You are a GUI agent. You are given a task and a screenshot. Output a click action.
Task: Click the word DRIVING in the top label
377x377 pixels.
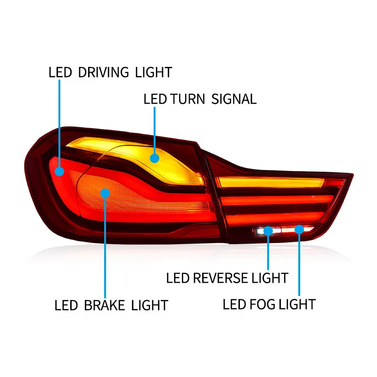[103, 73]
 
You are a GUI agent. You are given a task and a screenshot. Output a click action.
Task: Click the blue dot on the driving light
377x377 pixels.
[60, 171]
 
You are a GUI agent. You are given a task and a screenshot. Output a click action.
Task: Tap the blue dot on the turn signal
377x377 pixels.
[154, 158]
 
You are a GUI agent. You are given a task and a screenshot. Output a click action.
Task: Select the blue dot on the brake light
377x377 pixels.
[105, 193]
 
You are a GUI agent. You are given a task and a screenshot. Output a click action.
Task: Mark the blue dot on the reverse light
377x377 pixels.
[268, 230]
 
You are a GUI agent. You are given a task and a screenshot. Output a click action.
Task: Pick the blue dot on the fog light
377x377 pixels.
[299, 229]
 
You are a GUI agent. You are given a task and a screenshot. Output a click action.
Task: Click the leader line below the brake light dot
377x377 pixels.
[105, 245]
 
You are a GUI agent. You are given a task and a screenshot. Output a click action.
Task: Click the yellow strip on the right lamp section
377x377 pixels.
[269, 182]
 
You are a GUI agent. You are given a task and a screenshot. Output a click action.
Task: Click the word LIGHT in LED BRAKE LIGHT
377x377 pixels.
[149, 305]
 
